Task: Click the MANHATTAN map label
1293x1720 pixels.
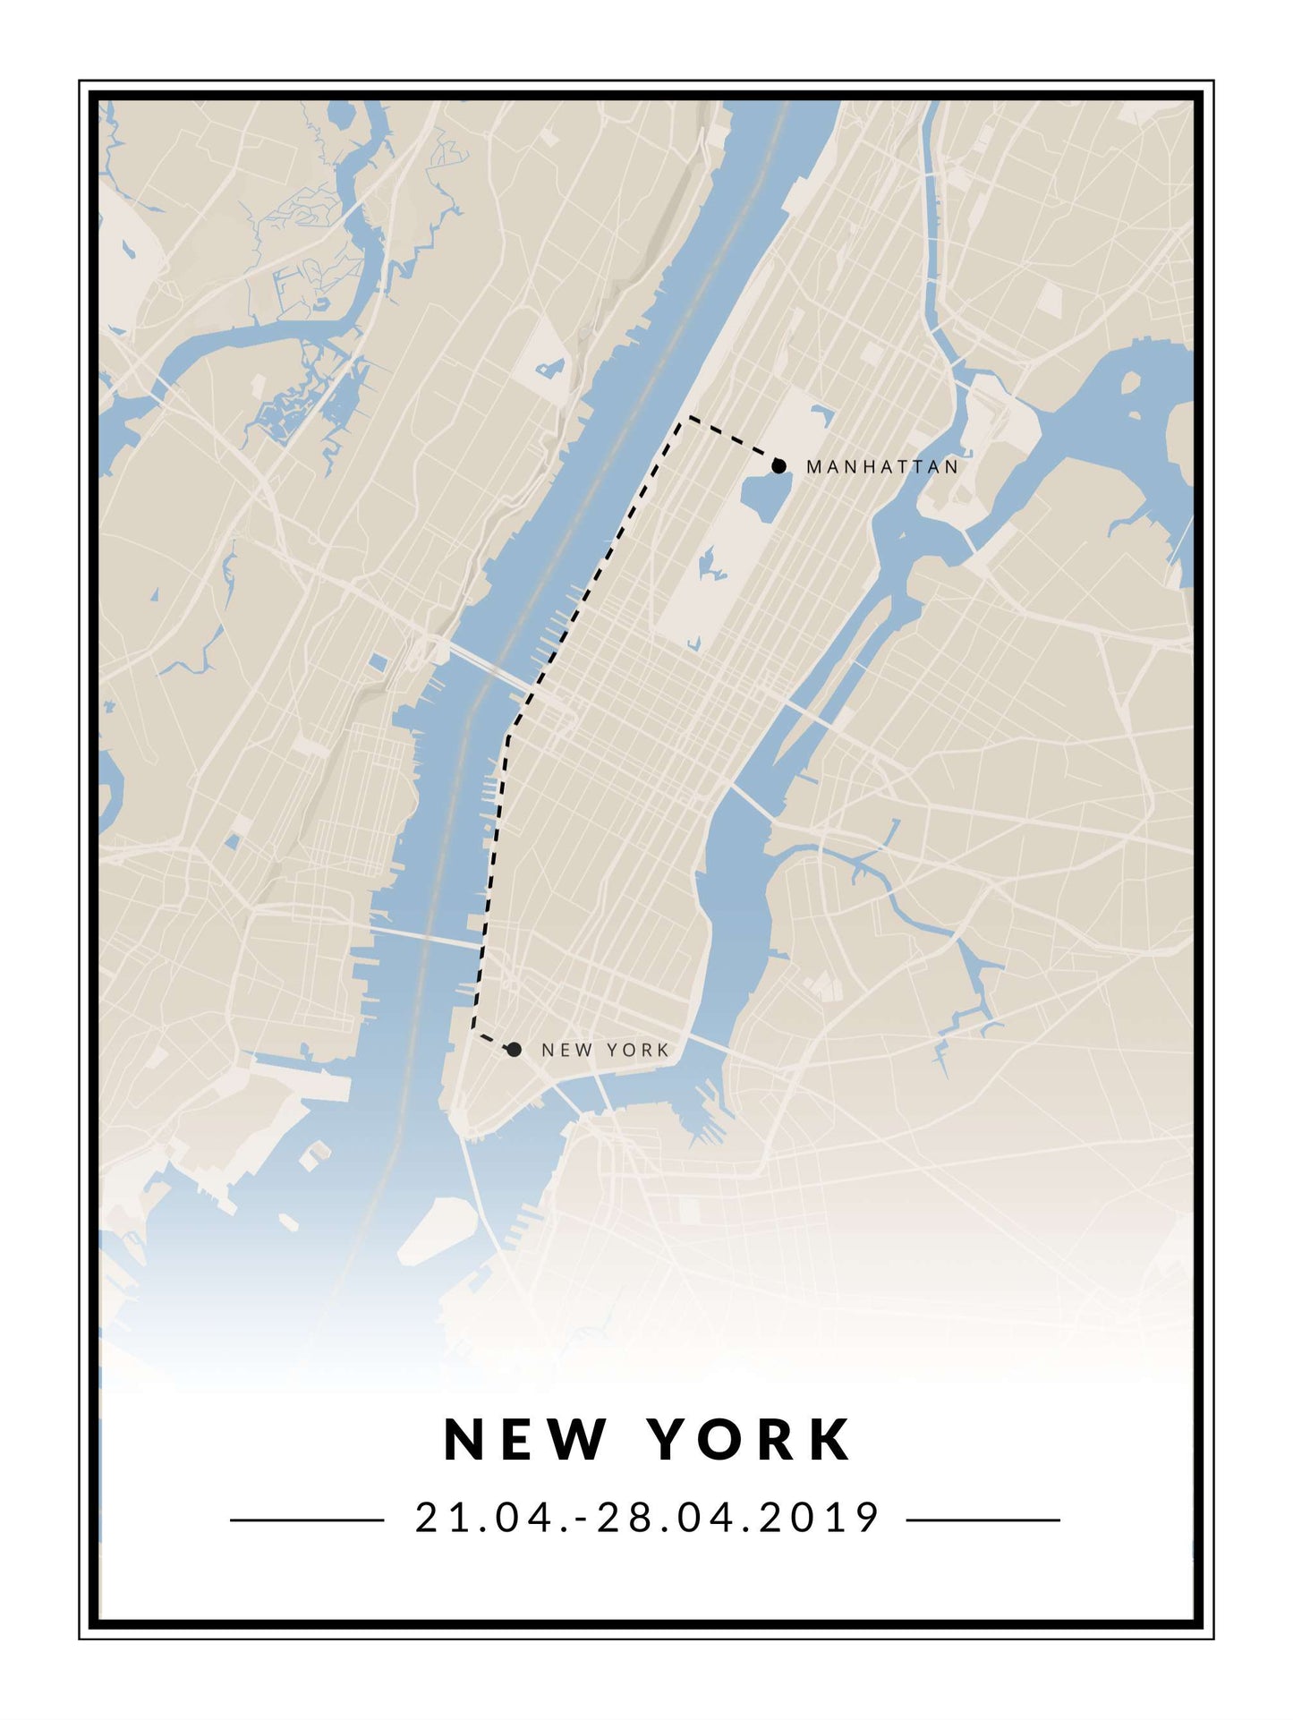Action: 882,466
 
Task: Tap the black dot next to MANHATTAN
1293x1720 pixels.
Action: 778,465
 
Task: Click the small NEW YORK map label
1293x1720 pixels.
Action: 605,1050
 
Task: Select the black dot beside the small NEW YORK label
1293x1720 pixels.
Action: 514,1049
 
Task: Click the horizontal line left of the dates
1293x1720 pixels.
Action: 307,1520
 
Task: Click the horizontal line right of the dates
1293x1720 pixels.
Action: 983,1520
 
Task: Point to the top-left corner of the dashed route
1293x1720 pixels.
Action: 685,419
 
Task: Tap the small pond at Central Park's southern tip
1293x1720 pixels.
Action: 695,643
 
